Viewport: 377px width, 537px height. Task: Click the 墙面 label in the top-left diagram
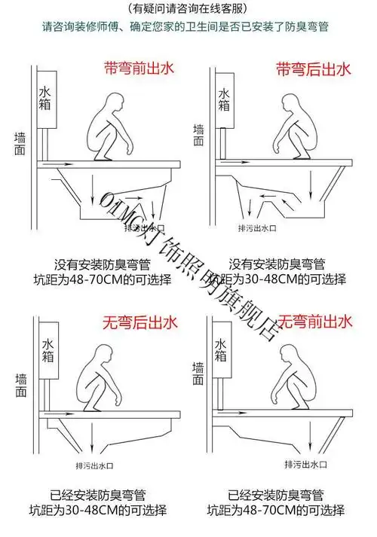click(20, 145)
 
